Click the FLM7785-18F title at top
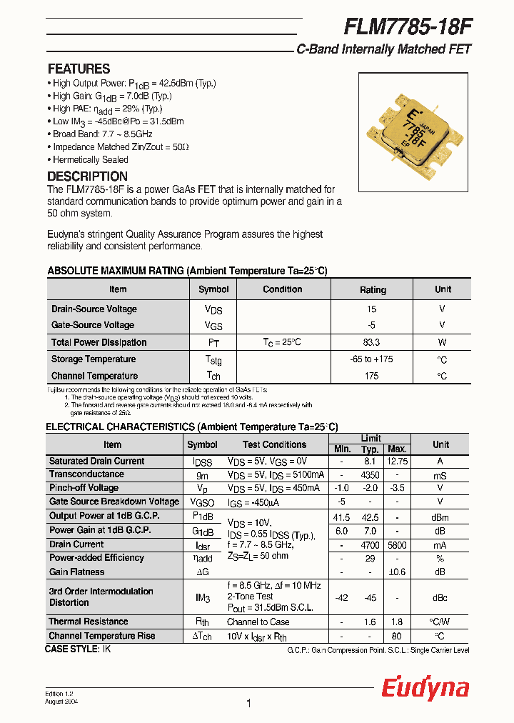408,26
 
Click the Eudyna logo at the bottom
425,688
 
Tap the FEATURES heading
79,69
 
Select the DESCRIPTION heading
87,176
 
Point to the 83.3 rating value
371,343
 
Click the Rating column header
373,290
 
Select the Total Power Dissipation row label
99,343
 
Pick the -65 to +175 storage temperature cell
371,359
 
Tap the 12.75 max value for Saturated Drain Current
396,462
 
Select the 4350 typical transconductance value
370,475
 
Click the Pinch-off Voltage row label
84,488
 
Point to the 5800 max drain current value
396,544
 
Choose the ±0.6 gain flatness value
396,572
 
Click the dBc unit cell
440,597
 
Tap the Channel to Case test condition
258,622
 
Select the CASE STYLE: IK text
78,649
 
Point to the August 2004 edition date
61,702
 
